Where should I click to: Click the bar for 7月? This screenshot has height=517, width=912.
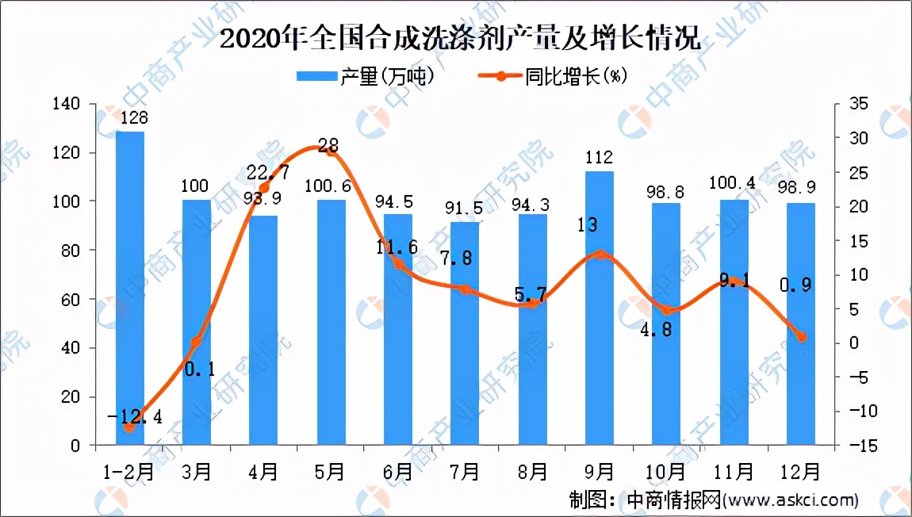coord(466,333)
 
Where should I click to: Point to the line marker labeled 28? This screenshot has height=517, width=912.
coord(331,151)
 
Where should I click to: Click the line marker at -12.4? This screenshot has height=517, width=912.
coord(129,427)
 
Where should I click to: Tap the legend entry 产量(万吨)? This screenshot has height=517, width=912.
coord(366,76)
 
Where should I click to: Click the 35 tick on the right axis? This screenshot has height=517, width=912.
coord(859,104)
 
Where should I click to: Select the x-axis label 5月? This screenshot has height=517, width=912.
coord(331,471)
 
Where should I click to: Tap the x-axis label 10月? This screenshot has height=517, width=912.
coord(665,471)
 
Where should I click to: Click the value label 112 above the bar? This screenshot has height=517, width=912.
coord(599,156)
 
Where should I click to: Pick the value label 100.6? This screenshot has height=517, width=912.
coord(331,186)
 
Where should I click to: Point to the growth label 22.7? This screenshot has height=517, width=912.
coord(267,172)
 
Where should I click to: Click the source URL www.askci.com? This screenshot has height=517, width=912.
coord(793,500)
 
